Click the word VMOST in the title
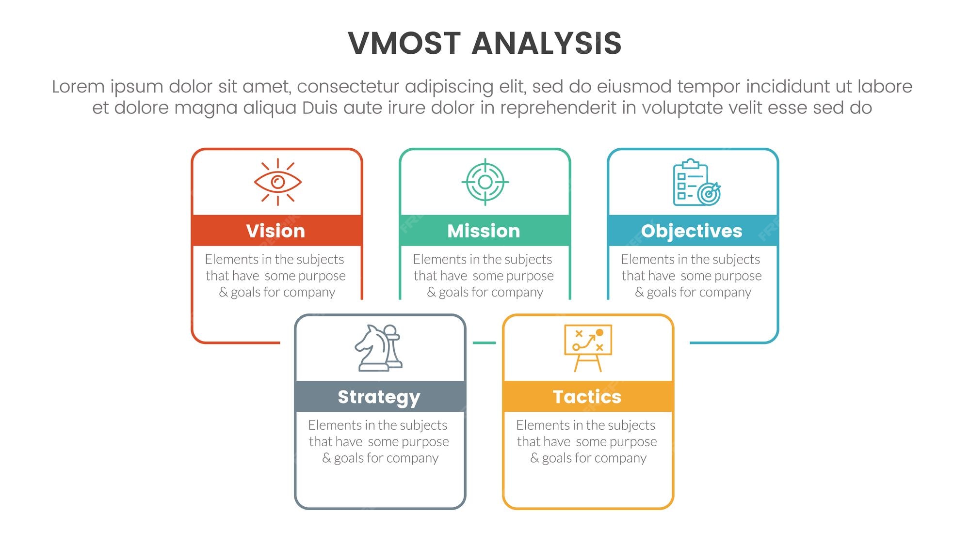[404, 43]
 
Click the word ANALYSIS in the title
[547, 43]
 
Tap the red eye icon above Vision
[278, 182]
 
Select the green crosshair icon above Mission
[485, 182]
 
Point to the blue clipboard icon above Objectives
[697, 182]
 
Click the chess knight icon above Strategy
[379, 348]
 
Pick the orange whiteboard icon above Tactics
[588, 348]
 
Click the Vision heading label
[275, 231]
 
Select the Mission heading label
[484, 231]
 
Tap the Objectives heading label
[692, 231]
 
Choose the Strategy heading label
[379, 397]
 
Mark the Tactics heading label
[587, 397]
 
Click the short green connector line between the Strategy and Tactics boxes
[484, 343]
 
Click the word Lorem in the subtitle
[78, 86]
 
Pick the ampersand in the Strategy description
[326, 458]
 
